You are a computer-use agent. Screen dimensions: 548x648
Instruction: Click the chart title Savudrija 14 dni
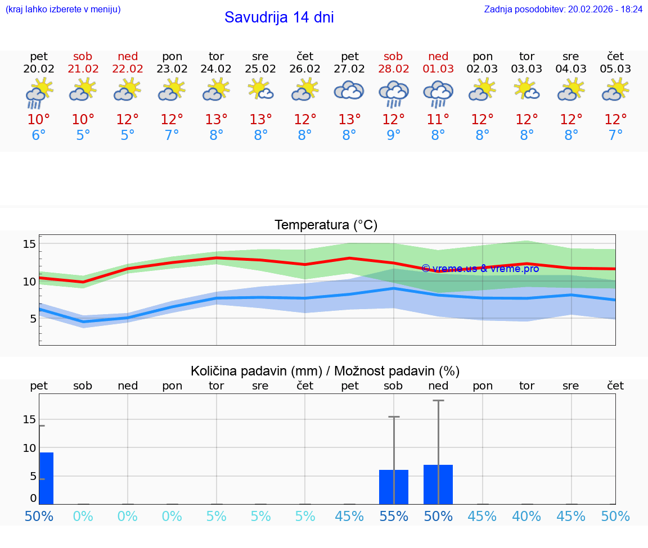pyautogui.click(x=279, y=17)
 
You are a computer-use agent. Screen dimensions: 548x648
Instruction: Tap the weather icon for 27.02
pyautogui.click(x=349, y=91)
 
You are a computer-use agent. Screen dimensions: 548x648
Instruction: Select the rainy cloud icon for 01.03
pyautogui.click(x=438, y=93)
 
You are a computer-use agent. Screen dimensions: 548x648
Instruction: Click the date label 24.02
pyautogui.click(x=216, y=69)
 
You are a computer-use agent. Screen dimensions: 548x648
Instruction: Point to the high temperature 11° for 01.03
pyautogui.click(x=438, y=120)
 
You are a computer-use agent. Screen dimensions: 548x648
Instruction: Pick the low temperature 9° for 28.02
pyautogui.click(x=393, y=135)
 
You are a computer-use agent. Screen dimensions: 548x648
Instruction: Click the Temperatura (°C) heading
pyautogui.click(x=326, y=225)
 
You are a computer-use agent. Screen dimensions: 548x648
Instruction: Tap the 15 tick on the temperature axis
pyautogui.click(x=29, y=244)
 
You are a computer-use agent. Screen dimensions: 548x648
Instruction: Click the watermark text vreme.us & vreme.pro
pyautogui.click(x=480, y=269)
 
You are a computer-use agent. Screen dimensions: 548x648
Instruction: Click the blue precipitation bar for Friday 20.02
pyautogui.click(x=47, y=478)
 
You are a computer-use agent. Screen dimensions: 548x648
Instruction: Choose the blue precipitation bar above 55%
pyautogui.click(x=394, y=487)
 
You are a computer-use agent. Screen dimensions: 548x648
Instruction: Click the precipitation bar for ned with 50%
pyautogui.click(x=438, y=484)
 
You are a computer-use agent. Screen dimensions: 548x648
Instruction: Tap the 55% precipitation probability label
pyautogui.click(x=394, y=516)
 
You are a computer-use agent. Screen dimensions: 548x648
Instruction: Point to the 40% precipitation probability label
pyautogui.click(x=526, y=516)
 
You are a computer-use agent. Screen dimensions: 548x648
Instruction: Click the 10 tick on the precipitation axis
pyautogui.click(x=29, y=448)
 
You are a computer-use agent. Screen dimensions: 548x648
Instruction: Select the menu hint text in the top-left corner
pyautogui.click(x=62, y=10)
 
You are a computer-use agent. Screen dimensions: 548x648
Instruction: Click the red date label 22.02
pyautogui.click(x=128, y=69)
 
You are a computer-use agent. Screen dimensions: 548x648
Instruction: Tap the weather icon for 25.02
pyautogui.click(x=260, y=89)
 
